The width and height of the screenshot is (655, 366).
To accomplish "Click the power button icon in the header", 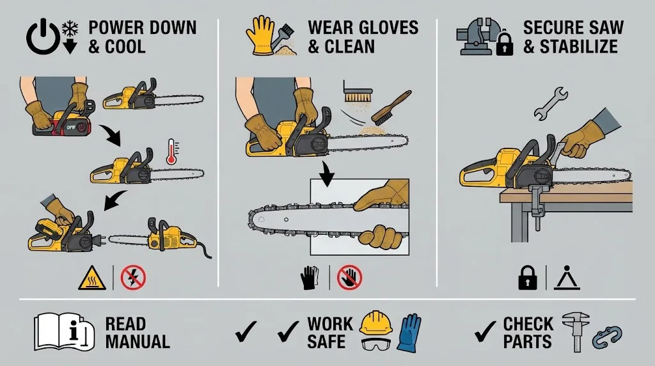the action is point(43,37).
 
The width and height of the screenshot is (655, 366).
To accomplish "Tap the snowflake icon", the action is point(70,28).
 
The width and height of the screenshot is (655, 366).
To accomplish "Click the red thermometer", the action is point(171,152).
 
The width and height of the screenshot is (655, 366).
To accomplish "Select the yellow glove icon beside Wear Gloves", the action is point(259,36).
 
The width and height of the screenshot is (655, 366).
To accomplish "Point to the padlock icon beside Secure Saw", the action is point(505,43).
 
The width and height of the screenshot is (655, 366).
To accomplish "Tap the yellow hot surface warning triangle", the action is point(92,278).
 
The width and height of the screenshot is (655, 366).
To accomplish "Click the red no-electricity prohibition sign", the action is point(133,278).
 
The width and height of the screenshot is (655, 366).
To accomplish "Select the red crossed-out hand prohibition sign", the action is point(349,278).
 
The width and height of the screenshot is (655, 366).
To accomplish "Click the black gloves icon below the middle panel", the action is point(310,278).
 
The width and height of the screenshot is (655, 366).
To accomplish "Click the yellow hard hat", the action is point(376,323).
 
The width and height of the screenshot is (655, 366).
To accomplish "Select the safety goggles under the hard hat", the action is point(375,344).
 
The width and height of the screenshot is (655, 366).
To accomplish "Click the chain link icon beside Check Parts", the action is point(607,337).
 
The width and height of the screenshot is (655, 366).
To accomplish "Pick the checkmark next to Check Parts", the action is point(485,331).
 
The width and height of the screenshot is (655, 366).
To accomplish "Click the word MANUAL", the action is point(138,342).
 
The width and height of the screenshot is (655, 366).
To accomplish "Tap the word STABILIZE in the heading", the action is point(578,46).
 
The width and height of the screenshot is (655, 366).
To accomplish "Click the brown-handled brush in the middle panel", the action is point(391,107).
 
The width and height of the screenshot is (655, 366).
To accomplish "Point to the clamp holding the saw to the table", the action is point(537,203).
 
